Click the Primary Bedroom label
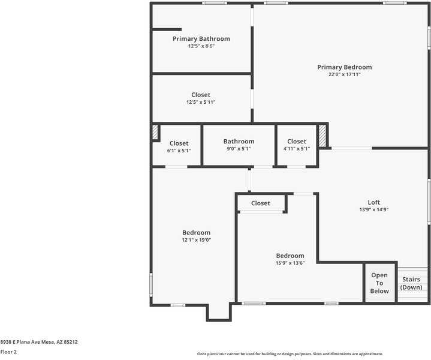[344, 67]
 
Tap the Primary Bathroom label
[201, 39]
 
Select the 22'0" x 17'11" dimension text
[344, 75]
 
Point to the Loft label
[373, 202]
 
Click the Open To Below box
[379, 283]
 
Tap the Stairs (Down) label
[411, 283]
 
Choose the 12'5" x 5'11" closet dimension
[201, 103]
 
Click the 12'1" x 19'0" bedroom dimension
[196, 240]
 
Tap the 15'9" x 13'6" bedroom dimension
[290, 263]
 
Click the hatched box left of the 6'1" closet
[155, 132]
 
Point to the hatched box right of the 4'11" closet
[323, 136]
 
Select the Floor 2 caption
[8, 352]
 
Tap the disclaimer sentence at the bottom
[290, 354]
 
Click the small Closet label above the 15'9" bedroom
[260, 203]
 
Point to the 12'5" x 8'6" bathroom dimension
[201, 46]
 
